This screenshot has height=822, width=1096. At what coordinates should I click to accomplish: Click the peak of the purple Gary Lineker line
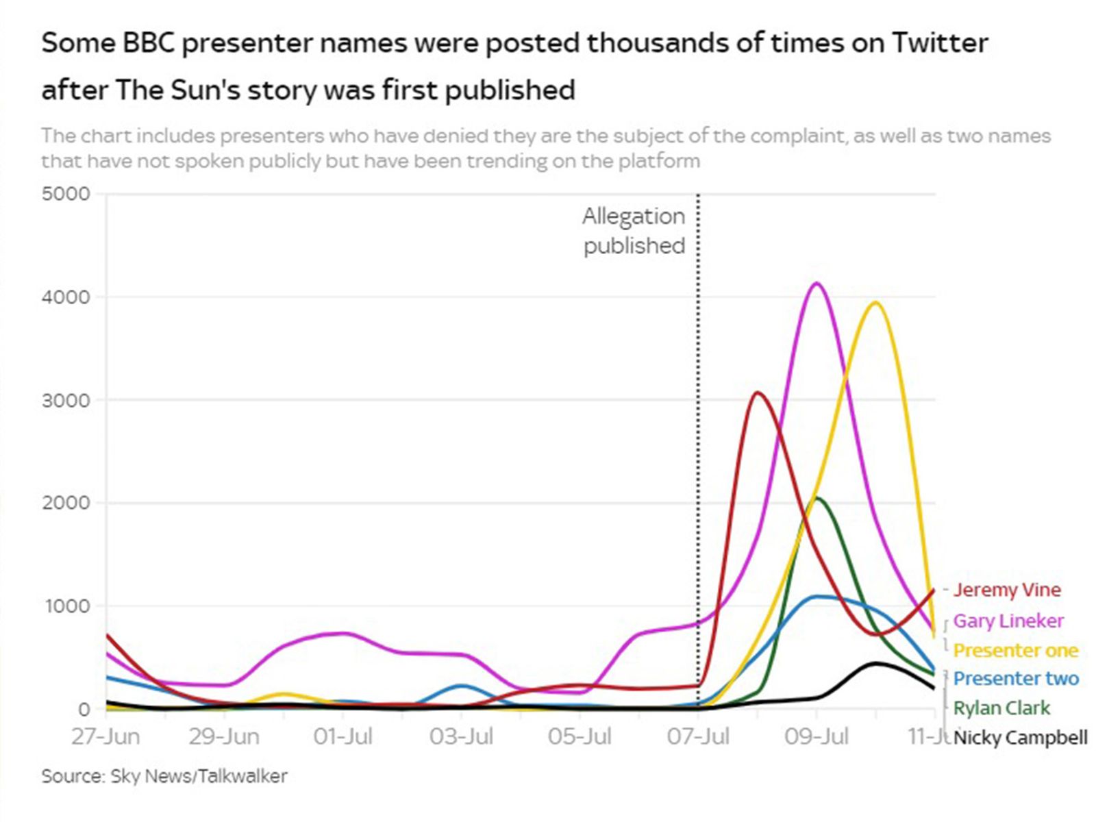pyautogui.click(x=817, y=284)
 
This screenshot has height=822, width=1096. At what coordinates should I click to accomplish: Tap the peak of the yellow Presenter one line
pyautogui.click(x=875, y=303)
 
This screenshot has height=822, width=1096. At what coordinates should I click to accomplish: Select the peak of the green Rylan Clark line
pyautogui.click(x=817, y=499)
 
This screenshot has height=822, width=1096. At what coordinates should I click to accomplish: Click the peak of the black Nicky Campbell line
pyautogui.click(x=875, y=663)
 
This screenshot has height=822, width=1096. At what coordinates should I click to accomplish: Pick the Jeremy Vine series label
pyautogui.click(x=1006, y=590)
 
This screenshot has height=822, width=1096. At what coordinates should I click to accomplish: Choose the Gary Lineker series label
pyautogui.click(x=1008, y=621)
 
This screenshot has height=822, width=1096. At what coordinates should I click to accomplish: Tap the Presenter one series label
pyautogui.click(x=1015, y=650)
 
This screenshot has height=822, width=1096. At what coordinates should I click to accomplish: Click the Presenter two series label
pyautogui.click(x=1015, y=679)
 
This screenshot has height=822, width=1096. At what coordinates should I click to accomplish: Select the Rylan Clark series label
pyautogui.click(x=1001, y=708)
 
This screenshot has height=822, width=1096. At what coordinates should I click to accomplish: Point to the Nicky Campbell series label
pyautogui.click(x=1020, y=738)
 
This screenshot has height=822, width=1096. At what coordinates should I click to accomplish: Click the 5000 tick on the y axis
pyautogui.click(x=66, y=194)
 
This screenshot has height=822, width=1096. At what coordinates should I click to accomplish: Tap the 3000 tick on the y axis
pyautogui.click(x=66, y=400)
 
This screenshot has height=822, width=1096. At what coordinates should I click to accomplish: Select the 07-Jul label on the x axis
pyautogui.click(x=698, y=737)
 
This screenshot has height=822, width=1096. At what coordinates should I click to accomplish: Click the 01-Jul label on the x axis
pyautogui.click(x=342, y=737)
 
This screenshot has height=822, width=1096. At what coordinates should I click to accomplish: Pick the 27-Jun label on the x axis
pyautogui.click(x=105, y=737)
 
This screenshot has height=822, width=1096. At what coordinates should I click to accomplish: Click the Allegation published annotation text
pyautogui.click(x=634, y=231)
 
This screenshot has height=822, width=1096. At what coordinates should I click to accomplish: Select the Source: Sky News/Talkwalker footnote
pyautogui.click(x=164, y=776)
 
